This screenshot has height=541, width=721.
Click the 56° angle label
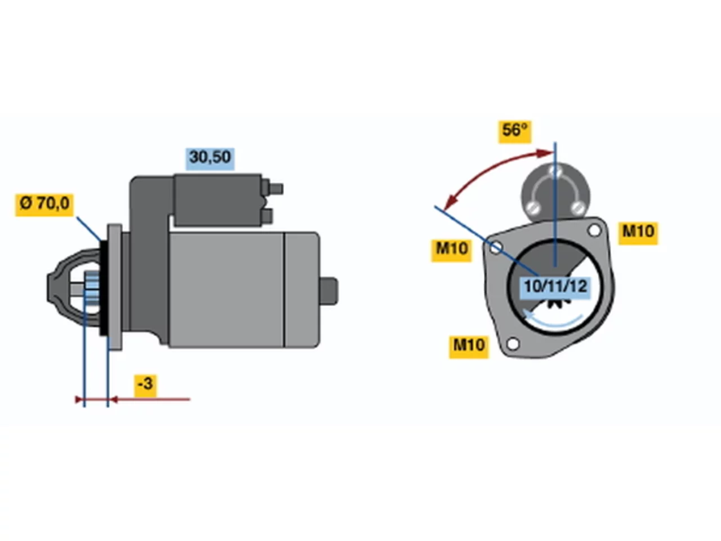point(514,132)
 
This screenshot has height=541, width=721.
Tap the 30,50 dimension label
point(210,159)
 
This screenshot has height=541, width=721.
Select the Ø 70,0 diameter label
point(44,205)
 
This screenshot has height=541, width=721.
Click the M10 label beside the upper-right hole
point(638,233)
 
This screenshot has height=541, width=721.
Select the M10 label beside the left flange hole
point(451,250)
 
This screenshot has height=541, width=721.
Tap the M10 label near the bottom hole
point(469,347)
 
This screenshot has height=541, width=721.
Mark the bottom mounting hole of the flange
point(513,344)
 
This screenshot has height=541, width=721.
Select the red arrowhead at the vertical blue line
point(546,152)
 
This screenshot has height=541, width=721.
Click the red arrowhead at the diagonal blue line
point(451,202)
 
